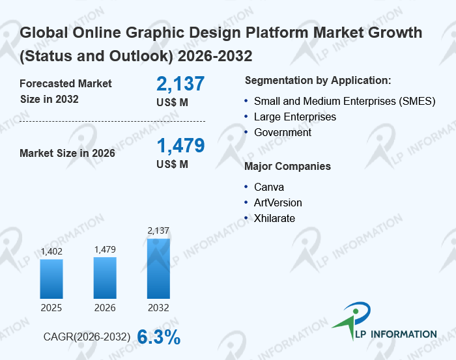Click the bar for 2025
[x=51, y=279]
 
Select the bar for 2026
[x=105, y=277]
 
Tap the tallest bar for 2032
[x=158, y=268]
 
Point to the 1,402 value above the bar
[x=51, y=252]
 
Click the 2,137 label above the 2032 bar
[x=158, y=230]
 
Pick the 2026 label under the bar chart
[x=105, y=307]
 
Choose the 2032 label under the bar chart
[x=158, y=307]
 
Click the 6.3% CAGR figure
[x=158, y=337]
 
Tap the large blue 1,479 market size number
[x=180, y=145]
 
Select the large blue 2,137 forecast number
[x=180, y=84]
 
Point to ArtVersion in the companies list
[x=278, y=203]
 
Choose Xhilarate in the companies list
[x=274, y=219]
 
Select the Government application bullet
[x=283, y=133]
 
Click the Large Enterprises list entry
[x=295, y=117]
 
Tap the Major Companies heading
[x=287, y=167]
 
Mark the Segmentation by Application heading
[x=318, y=81]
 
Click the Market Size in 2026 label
[x=67, y=154]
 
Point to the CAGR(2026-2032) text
[x=87, y=337]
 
